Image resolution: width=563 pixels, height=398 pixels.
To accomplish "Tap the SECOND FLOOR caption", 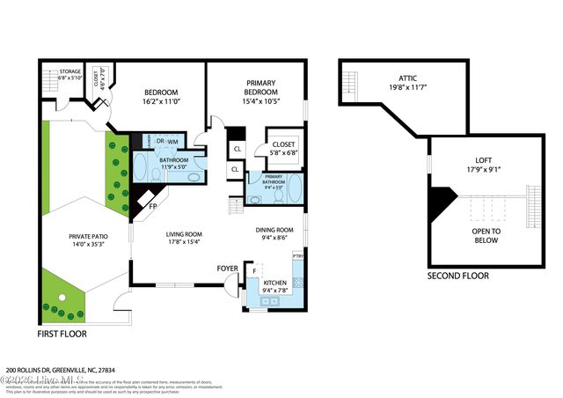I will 457,276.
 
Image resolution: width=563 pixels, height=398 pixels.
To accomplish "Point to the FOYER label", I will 228,267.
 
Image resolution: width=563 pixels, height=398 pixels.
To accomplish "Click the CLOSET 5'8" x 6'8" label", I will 285,146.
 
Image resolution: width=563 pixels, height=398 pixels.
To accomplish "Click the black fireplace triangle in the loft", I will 440,204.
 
